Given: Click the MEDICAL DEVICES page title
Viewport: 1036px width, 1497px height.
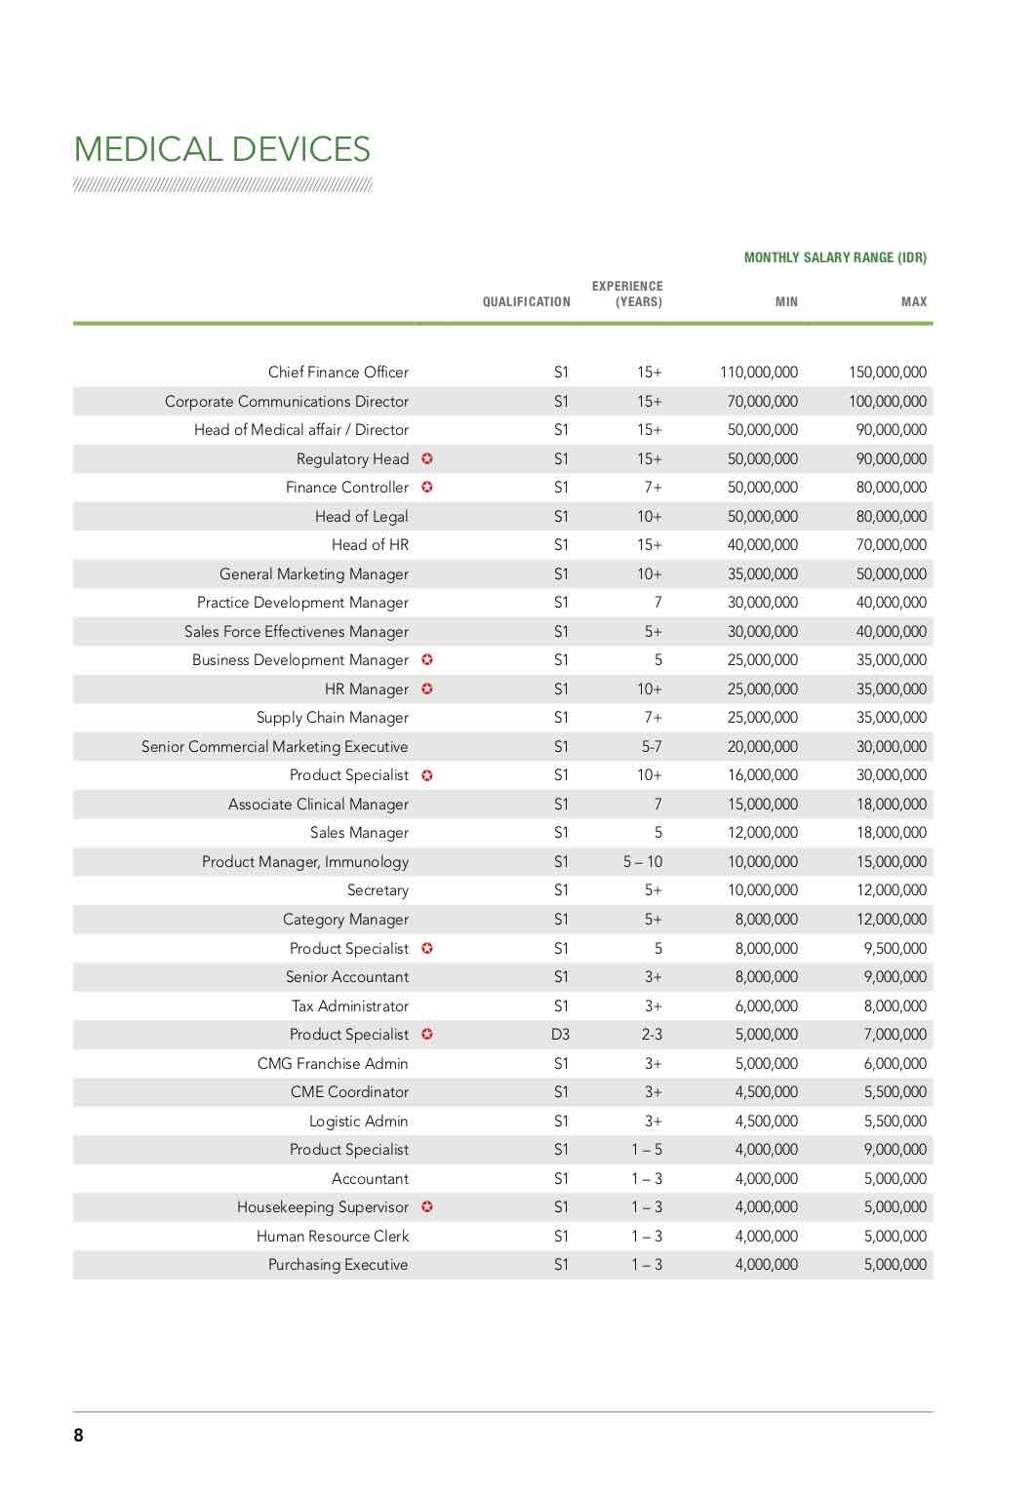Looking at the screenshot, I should coord(222,149).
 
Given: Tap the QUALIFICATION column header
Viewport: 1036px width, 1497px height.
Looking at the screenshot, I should coord(526,302).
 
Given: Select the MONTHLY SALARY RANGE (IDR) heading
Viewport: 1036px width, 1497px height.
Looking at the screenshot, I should coord(835,257).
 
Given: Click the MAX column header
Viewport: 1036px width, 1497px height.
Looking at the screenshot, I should coord(913,302).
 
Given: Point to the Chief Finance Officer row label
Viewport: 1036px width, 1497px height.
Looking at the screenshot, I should coord(338,373).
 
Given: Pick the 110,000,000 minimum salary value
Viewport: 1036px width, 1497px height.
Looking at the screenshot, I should coord(758,373).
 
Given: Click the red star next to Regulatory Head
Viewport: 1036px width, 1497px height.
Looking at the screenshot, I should coord(427,458).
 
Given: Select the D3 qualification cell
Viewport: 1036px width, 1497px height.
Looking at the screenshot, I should coord(560,1035).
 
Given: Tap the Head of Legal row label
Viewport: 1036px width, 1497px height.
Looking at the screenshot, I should coord(361,517).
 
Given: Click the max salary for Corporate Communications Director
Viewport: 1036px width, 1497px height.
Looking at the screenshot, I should coord(887,402).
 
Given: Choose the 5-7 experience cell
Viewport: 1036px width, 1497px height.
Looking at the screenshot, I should coord(651,747).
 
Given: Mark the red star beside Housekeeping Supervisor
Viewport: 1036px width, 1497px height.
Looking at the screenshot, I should coord(427,1207).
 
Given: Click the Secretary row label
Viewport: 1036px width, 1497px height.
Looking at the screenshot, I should coord(378,890).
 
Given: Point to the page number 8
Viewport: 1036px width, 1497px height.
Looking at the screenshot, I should coord(79,1435).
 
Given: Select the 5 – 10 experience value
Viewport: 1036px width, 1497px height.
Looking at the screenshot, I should coord(642,862).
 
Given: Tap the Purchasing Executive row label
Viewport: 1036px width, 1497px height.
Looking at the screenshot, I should coord(338,1265).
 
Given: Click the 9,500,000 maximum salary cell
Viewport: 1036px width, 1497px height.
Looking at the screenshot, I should coord(895,949).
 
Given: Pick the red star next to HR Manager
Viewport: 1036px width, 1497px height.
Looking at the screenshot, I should coord(427,689).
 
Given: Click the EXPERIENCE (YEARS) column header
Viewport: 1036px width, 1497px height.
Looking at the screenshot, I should coord(627,294).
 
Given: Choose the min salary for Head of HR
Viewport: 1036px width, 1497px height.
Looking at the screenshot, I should coord(762,545).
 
